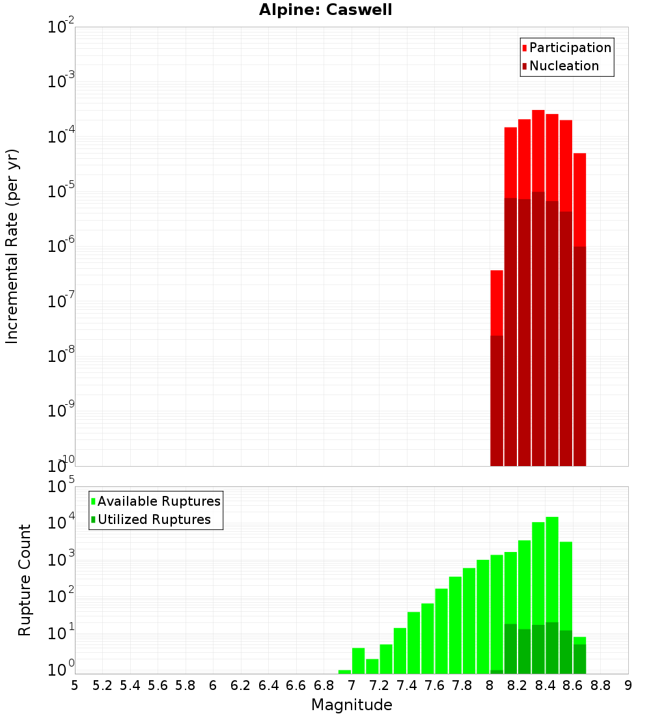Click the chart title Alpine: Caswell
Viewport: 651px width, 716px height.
(325, 10)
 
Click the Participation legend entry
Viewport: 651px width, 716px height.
(570, 48)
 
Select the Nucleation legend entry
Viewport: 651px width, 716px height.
(564, 66)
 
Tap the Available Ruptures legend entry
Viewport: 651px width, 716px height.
(159, 501)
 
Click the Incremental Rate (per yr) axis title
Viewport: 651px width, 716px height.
(12, 246)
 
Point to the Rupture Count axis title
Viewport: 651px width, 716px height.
(25, 580)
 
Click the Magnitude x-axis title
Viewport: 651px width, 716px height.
(352, 705)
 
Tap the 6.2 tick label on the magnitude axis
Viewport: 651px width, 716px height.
(241, 685)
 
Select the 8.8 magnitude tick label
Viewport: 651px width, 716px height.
(600, 685)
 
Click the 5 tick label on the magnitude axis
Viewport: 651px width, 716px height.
(75, 685)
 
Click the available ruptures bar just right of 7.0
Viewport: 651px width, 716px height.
(358, 660)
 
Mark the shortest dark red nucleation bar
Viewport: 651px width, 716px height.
(497, 400)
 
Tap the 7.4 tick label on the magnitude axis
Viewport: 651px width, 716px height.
(407, 685)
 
